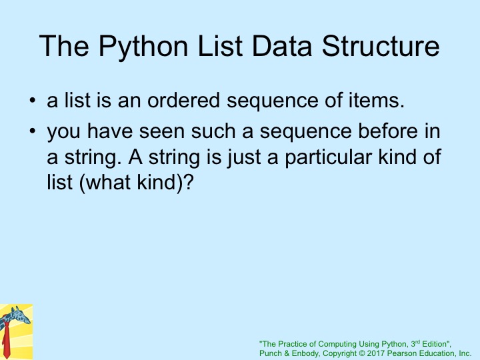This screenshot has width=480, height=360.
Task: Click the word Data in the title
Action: pyautogui.click(x=281, y=46)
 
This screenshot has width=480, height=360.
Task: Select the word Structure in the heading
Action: pyautogui.click(x=381, y=46)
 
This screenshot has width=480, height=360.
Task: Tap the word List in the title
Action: pyautogui.click(x=220, y=46)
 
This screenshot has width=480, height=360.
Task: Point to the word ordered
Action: pyautogui.click(x=184, y=100)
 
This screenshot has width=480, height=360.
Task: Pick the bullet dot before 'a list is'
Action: pyautogui.click(x=33, y=101)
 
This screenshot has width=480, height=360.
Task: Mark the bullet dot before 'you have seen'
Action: pyautogui.click(x=33, y=131)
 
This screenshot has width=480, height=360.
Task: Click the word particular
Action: pyautogui.click(x=328, y=157)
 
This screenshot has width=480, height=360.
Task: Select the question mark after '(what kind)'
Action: pyautogui.click(x=189, y=182)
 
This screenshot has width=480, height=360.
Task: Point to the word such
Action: pyautogui.click(x=213, y=131)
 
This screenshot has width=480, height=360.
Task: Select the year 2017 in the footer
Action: pyautogui.click(x=376, y=353)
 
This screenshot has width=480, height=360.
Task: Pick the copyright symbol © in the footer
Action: pyautogui.click(x=361, y=353)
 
